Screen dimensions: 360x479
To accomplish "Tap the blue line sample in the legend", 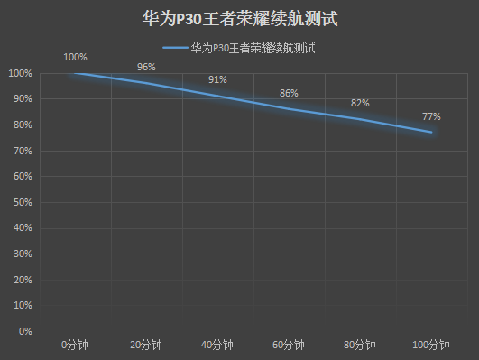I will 175,46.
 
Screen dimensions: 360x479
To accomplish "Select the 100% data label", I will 75,57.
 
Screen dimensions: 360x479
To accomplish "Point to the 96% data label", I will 146,67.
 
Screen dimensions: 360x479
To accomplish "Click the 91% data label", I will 217,79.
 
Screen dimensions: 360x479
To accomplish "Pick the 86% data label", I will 289,93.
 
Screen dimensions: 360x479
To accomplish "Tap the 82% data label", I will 360,103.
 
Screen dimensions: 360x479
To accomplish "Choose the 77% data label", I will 431,116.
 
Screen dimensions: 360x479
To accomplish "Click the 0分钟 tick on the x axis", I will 75,345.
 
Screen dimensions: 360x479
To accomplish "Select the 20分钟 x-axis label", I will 146,345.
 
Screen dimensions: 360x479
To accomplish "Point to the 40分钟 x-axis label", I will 217,345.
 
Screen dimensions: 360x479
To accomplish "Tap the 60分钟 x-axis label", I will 289,345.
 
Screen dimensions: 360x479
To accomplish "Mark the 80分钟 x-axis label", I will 360,345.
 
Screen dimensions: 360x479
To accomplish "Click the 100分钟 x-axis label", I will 431,345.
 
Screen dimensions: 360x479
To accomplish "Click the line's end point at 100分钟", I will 431,133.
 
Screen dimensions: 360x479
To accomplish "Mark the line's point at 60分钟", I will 289,109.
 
